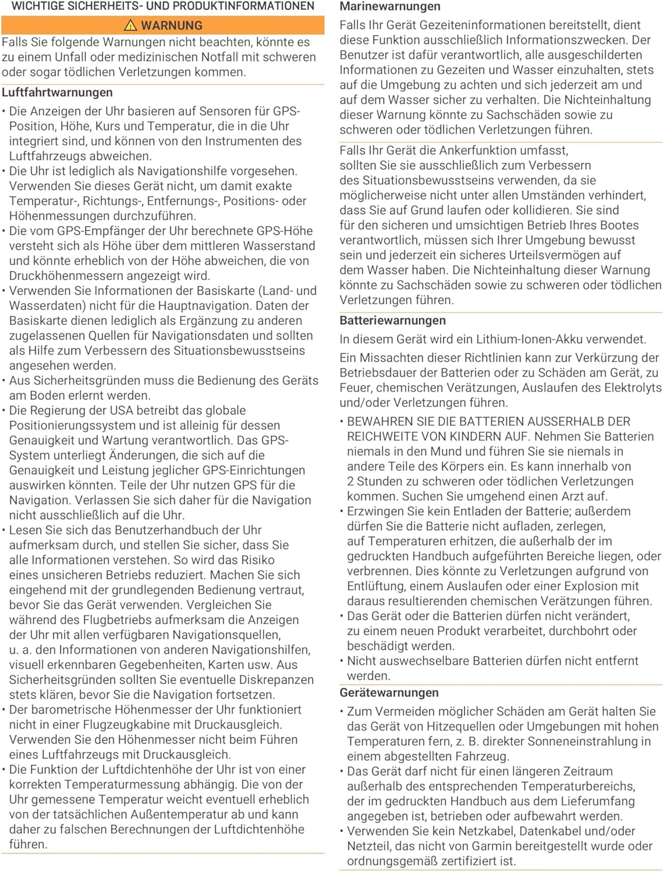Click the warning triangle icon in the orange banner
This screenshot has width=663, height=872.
pos(131,25)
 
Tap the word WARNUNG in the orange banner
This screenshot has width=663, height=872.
pos(172,26)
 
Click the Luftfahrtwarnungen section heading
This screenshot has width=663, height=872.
pos(57,92)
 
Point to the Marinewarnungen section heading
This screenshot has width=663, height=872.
pos(390,7)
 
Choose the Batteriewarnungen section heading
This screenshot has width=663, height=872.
pos(393,320)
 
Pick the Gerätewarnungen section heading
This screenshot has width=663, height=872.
pos(389,692)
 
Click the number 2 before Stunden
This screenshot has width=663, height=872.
pos(350,481)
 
